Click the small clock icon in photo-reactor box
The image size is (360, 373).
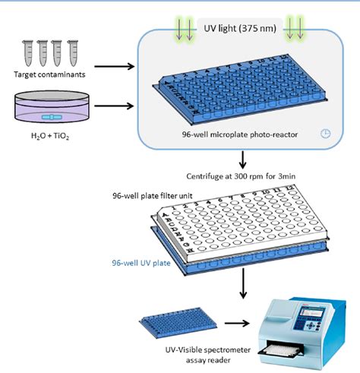(x=325, y=134)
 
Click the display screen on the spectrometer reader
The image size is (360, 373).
(x=316, y=314)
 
